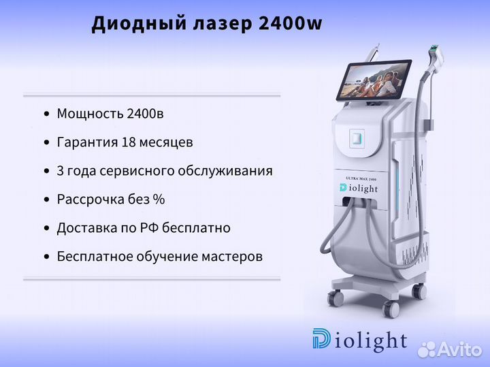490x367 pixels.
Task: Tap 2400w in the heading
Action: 290,23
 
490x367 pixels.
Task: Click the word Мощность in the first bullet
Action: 90,114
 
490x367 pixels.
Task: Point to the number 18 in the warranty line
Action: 128,142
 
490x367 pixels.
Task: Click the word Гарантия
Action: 87,142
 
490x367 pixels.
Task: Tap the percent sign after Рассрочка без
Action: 159,200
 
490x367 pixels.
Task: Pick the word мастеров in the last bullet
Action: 232,257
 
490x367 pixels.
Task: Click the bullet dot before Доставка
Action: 47,229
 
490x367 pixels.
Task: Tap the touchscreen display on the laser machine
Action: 374,80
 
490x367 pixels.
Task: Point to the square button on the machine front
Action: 357,138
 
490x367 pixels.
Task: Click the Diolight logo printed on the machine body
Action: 359,188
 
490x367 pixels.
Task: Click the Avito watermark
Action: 450,349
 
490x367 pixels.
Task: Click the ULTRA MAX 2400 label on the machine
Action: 361,179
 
